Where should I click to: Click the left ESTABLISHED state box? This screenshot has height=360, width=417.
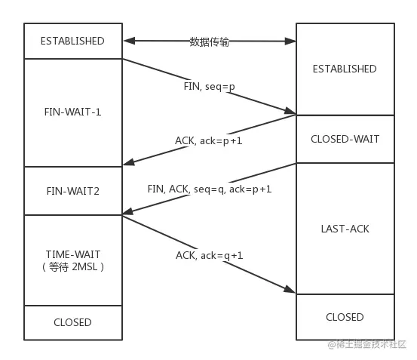[73, 41]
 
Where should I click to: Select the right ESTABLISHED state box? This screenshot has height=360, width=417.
[344, 69]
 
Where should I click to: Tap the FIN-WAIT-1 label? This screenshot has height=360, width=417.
[73, 112]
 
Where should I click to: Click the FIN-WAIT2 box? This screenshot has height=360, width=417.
[73, 191]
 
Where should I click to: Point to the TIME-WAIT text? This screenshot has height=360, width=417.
[73, 254]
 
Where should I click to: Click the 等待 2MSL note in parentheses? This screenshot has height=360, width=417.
[73, 266]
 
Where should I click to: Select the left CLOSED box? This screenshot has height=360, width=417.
[73, 322]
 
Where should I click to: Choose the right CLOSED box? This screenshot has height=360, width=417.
[344, 317]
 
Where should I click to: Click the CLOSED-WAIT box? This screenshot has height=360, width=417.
[344, 139]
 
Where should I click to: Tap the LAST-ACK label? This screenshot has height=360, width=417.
[344, 227]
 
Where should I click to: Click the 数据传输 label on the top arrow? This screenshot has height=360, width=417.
[209, 42]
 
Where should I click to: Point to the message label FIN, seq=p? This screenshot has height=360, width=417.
[209, 86]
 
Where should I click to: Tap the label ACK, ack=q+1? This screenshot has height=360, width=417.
[209, 255]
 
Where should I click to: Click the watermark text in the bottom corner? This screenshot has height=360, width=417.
[366, 344]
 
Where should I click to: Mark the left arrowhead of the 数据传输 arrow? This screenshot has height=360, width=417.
[127, 40]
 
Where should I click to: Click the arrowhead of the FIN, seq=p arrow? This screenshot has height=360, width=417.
[291, 112]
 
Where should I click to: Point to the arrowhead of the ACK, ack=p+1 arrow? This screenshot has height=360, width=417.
[127, 163]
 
